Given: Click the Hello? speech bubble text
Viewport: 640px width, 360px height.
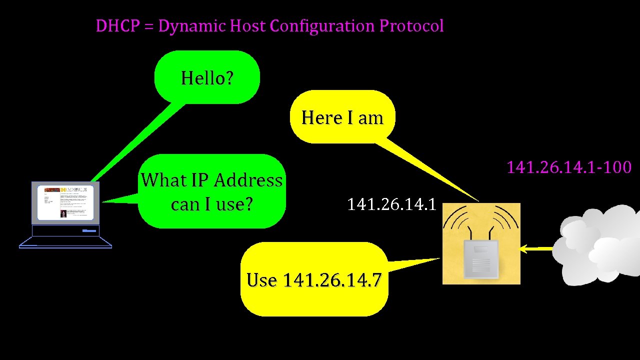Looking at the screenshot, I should (x=207, y=78).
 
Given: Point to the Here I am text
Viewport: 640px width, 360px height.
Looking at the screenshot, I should (x=342, y=118).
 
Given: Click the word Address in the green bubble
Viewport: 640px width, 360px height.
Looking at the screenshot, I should (x=248, y=180).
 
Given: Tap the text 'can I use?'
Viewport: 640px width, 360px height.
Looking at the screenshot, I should (x=211, y=204).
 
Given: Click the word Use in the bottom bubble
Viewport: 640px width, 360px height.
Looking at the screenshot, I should (x=261, y=280).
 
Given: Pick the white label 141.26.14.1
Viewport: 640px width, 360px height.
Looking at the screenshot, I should (x=391, y=204).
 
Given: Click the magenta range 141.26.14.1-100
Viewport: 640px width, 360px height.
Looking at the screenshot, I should (x=569, y=167).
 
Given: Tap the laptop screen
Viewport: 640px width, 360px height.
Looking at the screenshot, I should (x=65, y=203).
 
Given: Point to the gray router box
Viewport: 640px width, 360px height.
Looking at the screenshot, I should (x=481, y=259).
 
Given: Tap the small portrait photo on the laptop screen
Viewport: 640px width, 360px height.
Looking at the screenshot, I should (x=63, y=213).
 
